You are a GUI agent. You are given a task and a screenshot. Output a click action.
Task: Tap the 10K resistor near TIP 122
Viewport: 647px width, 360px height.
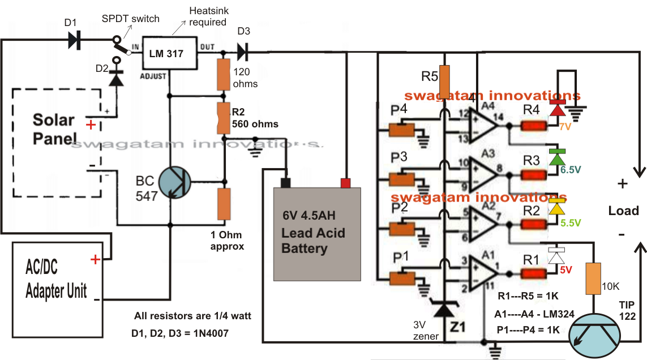[x=593, y=278]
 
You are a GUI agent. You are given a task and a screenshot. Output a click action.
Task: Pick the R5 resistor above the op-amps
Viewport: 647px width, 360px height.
[x=445, y=82]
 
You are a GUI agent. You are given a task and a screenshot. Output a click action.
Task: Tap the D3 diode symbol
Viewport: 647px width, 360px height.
[x=242, y=52]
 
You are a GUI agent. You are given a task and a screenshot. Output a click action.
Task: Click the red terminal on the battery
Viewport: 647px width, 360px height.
[x=346, y=182]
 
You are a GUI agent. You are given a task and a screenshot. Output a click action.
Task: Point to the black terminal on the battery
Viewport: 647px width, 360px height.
[x=286, y=182]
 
